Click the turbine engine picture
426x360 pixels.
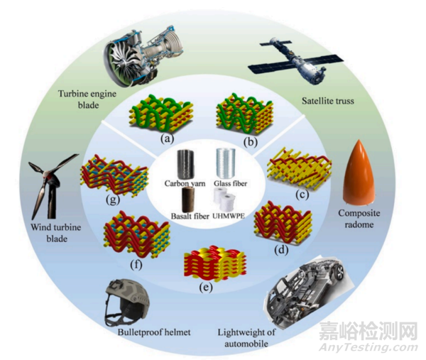coord(143,55)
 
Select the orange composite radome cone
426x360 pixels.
coord(360,173)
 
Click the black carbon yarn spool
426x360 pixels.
coord(186,164)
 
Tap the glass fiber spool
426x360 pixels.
coord(226,163)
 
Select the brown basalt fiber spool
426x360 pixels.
coord(188,200)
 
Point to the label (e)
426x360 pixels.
coord(205,288)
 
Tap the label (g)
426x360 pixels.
coord(112,200)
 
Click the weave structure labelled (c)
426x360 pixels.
coord(300,168)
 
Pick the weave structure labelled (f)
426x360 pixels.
coord(137,234)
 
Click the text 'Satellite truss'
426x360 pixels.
coord(328,101)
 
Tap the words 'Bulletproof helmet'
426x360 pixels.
coord(154,332)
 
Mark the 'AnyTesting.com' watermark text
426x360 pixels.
coord(368,347)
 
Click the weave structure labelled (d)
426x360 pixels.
coord(283,223)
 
